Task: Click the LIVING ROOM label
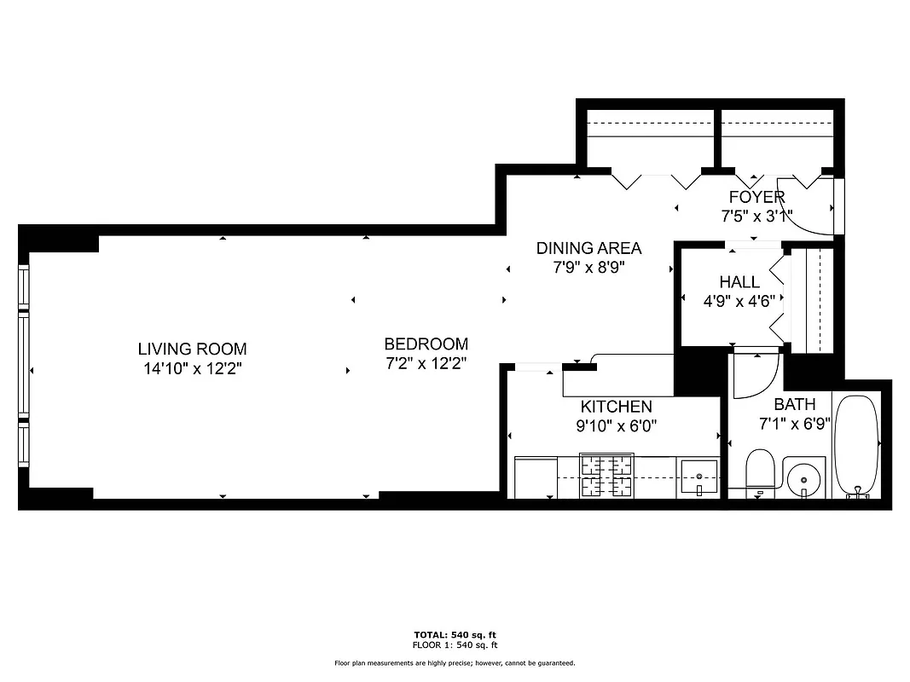point(192,349)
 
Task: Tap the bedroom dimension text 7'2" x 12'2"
point(426,363)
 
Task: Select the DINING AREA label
point(588,248)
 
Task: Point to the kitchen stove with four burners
point(606,476)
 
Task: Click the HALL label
point(739,282)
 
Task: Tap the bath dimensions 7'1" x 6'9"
point(794,424)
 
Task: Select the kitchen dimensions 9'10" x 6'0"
point(618,425)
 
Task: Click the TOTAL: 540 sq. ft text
point(454,635)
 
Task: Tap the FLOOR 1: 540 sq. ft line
point(454,645)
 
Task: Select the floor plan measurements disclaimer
point(454,663)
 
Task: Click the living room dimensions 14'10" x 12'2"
point(192,369)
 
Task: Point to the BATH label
point(794,404)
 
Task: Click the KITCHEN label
point(616,407)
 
